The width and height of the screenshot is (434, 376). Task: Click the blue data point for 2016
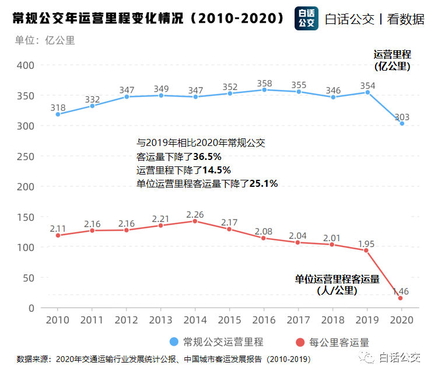(x=264, y=90)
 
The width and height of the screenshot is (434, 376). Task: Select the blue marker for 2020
(x=402, y=124)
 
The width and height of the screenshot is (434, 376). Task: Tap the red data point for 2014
(x=195, y=221)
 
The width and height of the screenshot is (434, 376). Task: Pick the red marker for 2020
(x=401, y=298)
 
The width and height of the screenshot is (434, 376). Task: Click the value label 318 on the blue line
(x=58, y=107)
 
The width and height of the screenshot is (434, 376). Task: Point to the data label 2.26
(x=195, y=214)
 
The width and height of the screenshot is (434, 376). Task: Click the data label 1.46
(x=400, y=291)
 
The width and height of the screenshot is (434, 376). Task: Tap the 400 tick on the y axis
(x=25, y=65)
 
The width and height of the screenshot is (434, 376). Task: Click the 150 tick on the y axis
(x=25, y=217)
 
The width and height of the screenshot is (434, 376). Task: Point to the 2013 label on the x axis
(x=161, y=320)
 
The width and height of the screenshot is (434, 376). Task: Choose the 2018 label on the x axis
(x=333, y=320)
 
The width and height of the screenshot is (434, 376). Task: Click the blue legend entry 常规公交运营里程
(x=216, y=342)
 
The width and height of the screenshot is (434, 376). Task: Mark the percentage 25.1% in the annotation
(x=264, y=183)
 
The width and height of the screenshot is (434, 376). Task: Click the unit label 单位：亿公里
(x=45, y=40)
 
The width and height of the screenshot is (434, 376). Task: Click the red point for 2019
(x=366, y=250)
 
